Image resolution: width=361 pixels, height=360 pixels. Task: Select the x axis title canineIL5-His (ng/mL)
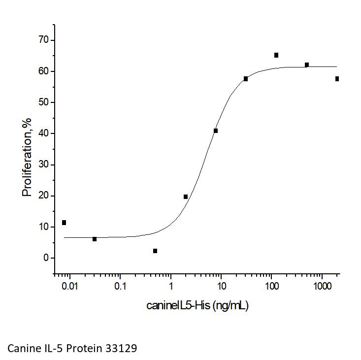197,306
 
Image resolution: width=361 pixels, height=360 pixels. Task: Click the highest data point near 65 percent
276,55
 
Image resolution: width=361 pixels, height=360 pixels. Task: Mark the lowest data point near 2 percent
155,251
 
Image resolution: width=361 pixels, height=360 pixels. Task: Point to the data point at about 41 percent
216,131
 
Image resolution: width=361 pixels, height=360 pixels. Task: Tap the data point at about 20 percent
186,197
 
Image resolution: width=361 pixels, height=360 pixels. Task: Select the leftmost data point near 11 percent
64,223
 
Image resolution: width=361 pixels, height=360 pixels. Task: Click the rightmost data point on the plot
337,79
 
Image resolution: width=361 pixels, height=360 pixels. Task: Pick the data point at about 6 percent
95,239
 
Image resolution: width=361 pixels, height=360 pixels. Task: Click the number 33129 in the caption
120,348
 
